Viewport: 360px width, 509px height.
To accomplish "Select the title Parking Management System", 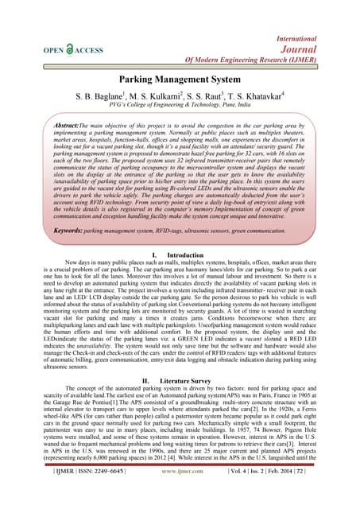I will click(180, 80).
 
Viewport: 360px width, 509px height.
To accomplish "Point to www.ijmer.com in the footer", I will click(180, 494).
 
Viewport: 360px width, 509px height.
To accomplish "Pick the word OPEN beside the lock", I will click(55, 49).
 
